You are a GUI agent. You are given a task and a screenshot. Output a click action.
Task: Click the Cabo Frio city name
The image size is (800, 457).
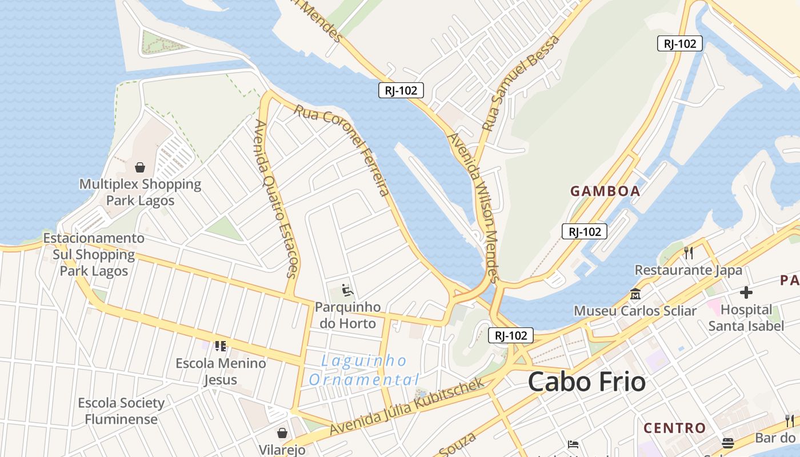586,382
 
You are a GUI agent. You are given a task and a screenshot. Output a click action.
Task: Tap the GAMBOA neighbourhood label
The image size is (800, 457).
605,191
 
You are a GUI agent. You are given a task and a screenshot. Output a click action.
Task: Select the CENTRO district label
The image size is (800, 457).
675,428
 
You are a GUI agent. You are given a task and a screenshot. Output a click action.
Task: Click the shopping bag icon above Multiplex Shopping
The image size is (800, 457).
139,167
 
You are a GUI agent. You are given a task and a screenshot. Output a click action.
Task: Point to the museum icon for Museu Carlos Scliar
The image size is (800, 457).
635,294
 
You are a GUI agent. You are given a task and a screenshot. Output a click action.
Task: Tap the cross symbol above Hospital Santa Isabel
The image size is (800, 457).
746,292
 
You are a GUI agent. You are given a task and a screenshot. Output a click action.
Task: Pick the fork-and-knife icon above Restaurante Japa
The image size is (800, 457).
689,253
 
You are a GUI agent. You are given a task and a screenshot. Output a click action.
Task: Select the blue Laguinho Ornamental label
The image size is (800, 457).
364,370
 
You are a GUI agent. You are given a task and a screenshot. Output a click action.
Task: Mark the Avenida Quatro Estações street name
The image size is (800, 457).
276,199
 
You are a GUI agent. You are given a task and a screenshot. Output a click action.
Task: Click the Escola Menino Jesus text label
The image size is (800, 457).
221,371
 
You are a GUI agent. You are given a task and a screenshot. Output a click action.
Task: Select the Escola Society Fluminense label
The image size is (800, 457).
121,411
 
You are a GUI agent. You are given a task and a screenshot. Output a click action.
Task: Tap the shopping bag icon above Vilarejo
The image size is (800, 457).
282,432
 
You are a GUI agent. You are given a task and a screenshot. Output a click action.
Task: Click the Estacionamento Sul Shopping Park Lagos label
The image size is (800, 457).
94,254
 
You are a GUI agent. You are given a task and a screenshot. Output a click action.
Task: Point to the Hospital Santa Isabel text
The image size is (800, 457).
746,318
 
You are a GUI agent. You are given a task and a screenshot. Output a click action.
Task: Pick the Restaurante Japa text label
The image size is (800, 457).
689,270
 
